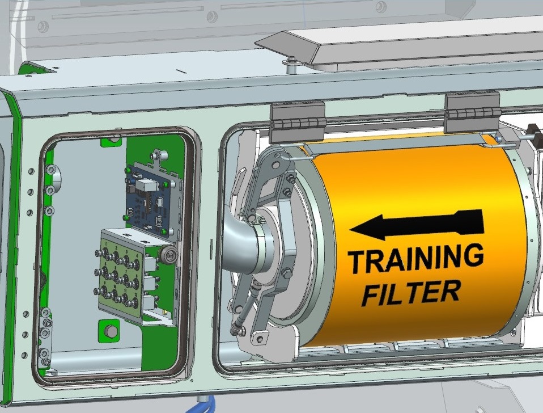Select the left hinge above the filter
tap(298, 123)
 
